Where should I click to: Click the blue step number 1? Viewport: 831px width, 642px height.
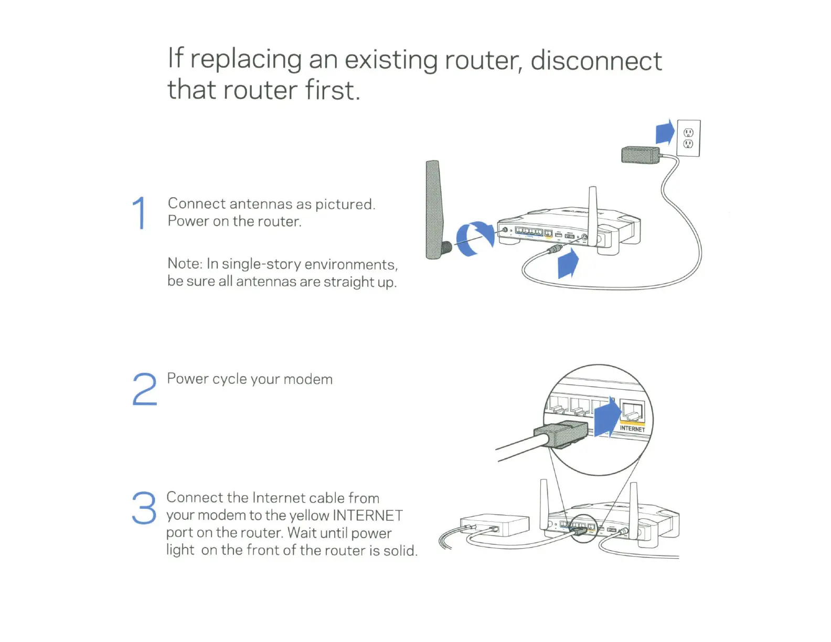[x=139, y=213]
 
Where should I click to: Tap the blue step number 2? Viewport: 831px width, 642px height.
[x=144, y=389]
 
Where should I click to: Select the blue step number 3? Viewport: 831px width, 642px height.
[x=144, y=508]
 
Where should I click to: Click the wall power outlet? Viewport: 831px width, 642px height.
[x=688, y=138]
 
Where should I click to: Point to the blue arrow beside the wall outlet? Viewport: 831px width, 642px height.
[x=665, y=132]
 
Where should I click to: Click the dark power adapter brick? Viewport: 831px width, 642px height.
[x=641, y=155]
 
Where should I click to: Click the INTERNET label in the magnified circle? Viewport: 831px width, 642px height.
[x=632, y=429]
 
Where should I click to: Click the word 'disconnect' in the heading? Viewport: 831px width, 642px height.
[x=596, y=61]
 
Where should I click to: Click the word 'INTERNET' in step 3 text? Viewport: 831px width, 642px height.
[x=368, y=516]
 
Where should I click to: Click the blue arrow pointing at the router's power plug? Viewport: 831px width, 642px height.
[x=568, y=264]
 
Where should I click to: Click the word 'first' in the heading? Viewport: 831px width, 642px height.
[x=331, y=90]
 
